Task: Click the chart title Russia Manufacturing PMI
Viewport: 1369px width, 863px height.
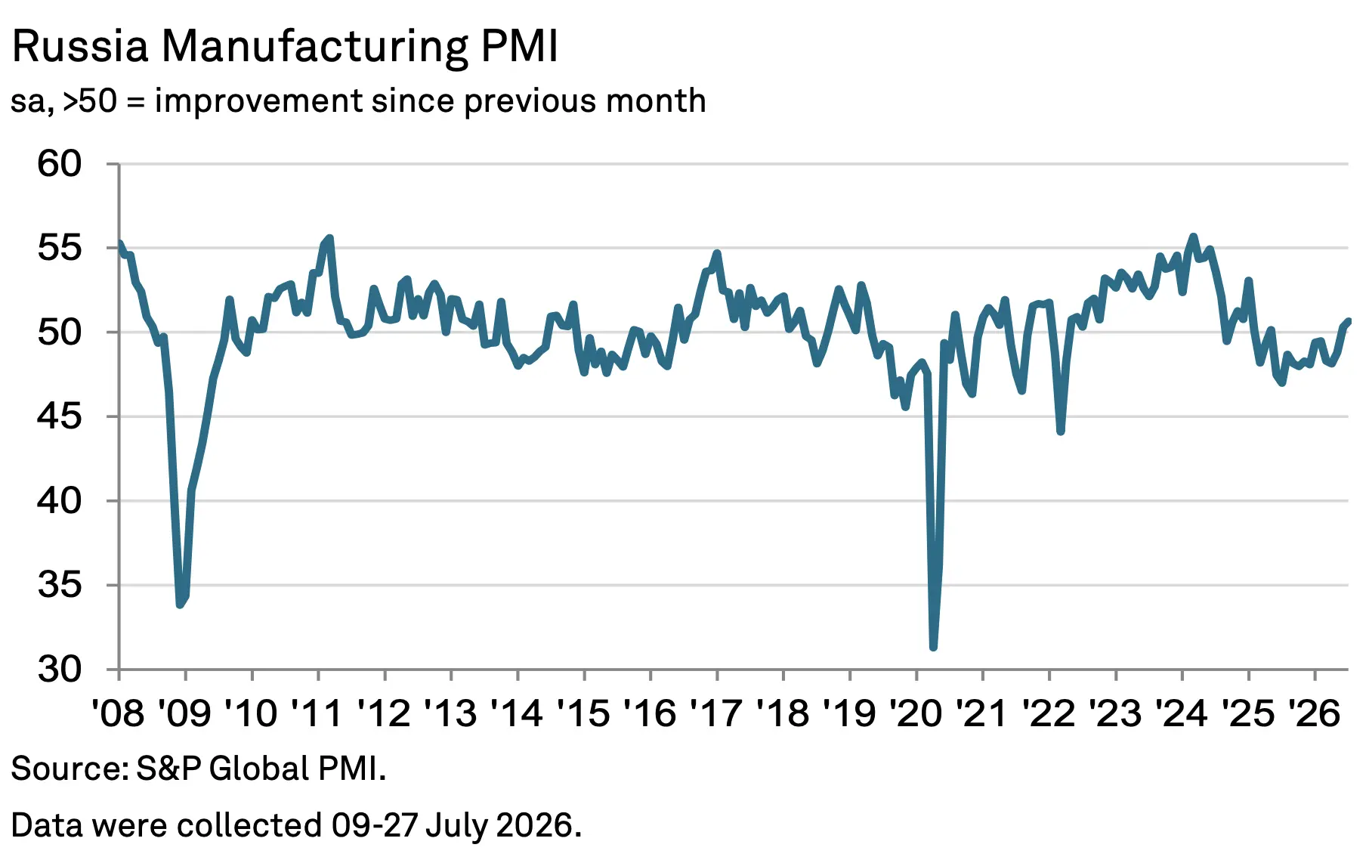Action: [x=285, y=47]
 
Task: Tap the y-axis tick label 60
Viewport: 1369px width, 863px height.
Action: [x=60, y=164]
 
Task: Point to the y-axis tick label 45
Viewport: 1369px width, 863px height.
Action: [x=60, y=416]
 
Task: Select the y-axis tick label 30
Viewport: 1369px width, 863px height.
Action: [x=60, y=670]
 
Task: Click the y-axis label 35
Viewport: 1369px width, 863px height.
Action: [x=60, y=585]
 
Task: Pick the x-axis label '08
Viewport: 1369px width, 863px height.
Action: [x=118, y=713]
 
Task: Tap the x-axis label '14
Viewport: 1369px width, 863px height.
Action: [x=517, y=713]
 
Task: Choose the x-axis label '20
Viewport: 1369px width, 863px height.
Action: [x=916, y=713]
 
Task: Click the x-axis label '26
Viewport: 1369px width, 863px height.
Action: [x=1315, y=713]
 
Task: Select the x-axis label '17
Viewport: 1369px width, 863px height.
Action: [x=716, y=713]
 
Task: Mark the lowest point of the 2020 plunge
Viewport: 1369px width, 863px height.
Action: [x=934, y=647]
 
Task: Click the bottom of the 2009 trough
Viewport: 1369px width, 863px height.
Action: [x=180, y=605]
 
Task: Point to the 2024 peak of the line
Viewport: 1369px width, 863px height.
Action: [x=1194, y=237]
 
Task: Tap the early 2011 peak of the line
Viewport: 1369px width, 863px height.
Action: [x=329, y=239]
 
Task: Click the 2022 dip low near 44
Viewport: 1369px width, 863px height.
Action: [x=1061, y=431]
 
